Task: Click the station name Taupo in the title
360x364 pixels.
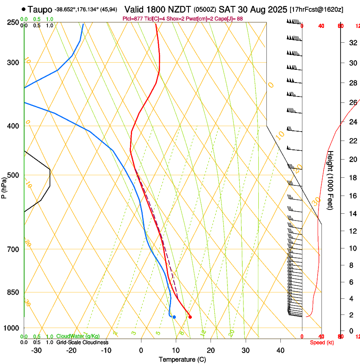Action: pyautogui.click(x=40, y=9)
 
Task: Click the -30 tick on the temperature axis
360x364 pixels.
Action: pyautogui.click(x=36, y=350)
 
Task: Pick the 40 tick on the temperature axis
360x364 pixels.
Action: pyautogui.click(x=280, y=350)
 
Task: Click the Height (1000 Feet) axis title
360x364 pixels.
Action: pyautogui.click(x=331, y=180)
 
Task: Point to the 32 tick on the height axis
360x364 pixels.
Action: pyautogui.click(x=352, y=42)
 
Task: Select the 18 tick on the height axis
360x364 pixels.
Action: pyautogui.click(x=352, y=177)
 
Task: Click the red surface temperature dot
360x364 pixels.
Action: pyautogui.click(x=190, y=317)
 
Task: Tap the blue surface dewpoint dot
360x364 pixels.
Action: pyautogui.click(x=174, y=317)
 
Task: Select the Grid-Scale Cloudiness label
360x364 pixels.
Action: pyautogui.click(x=82, y=342)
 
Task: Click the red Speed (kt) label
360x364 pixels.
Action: pyautogui.click(x=322, y=342)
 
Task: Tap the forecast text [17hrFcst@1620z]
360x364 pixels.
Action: pyautogui.click(x=316, y=9)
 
